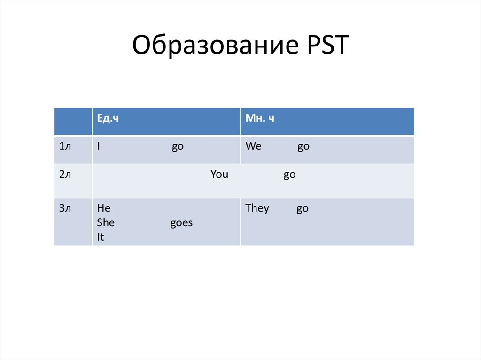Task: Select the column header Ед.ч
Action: [108, 119]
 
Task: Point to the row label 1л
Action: [65, 146]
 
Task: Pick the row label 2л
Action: [65, 175]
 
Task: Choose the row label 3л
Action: [65, 208]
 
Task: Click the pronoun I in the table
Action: [99, 146]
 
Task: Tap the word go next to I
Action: [178, 146]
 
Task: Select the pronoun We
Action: [253, 146]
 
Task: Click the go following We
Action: [303, 146]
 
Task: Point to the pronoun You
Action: [219, 175]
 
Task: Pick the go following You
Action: [289, 175]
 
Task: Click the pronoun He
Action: [104, 208]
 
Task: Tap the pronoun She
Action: [106, 222]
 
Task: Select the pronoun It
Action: [101, 237]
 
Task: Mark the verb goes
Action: [181, 222]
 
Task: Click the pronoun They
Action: [257, 208]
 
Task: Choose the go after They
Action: [303, 208]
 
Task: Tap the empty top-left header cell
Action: [73, 122]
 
